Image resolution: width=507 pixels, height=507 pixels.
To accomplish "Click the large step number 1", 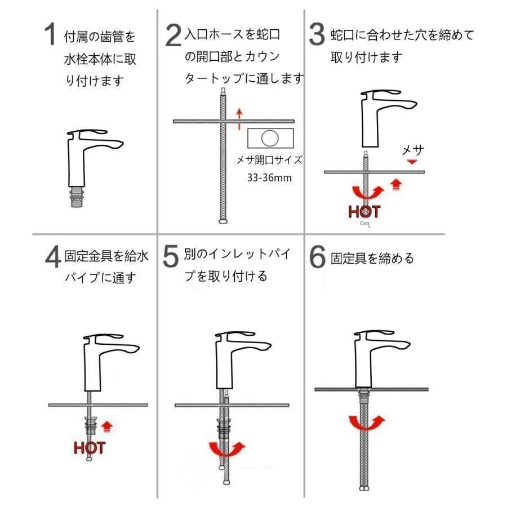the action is coord(51,34).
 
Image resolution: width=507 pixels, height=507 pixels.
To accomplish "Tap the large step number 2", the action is coord(174,35).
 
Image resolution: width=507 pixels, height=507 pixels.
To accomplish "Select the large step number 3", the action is coord(317,34).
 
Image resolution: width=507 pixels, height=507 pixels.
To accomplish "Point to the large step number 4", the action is coord(53,256).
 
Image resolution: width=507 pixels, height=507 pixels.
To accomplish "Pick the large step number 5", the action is coord(171,256).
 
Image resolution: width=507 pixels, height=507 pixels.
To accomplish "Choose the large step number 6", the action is coord(317,256).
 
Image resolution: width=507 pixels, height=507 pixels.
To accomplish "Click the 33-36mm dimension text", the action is coord(269,177).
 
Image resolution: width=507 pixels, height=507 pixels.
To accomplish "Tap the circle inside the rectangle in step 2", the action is coord(270,138).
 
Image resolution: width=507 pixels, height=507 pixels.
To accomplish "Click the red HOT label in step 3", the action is coord(364,212).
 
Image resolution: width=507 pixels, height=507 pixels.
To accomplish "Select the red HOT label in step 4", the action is coord(90,448).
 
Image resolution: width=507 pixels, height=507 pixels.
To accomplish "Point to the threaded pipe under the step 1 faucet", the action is coord(77,197).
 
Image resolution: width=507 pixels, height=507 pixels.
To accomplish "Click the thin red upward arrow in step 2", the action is coord(239,119).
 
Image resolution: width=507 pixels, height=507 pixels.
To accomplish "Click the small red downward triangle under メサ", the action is coord(412,161).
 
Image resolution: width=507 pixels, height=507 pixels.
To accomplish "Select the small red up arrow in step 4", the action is coord(106,426).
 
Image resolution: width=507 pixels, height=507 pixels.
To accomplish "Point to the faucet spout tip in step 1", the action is coord(121,144).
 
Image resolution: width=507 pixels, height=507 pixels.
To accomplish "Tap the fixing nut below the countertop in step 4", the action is coord(90,425).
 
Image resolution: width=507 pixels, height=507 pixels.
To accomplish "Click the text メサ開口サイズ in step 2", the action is coord(269,160).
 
